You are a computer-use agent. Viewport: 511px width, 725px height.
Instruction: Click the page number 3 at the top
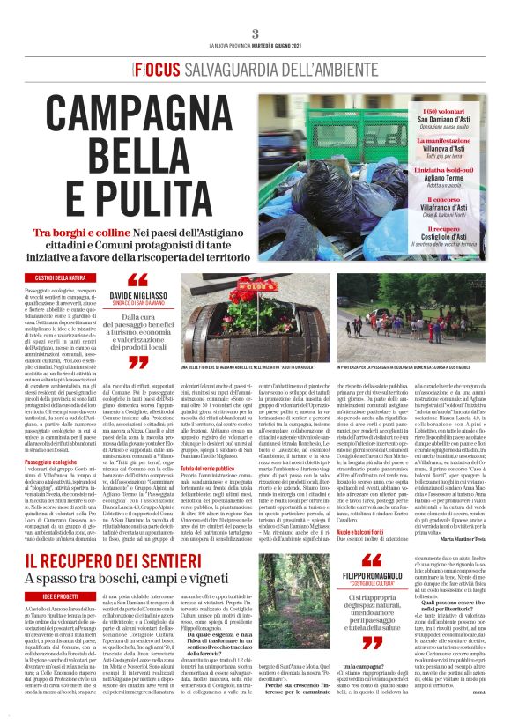tap(255, 33)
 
